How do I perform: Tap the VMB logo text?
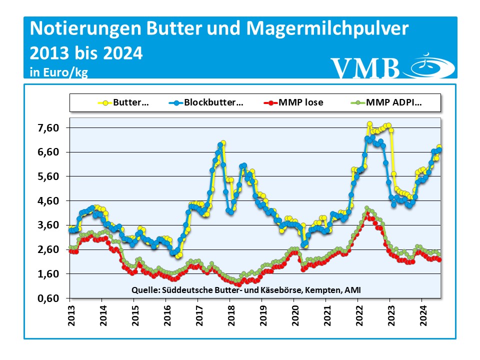365,67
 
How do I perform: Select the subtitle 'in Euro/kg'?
59,72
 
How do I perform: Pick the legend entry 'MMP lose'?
301,102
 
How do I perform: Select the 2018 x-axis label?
229,314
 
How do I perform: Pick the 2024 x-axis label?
421,314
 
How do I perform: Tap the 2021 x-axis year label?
325,314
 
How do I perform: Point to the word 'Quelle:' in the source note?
145,289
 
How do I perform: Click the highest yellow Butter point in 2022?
369,124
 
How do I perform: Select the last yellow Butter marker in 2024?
439,147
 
